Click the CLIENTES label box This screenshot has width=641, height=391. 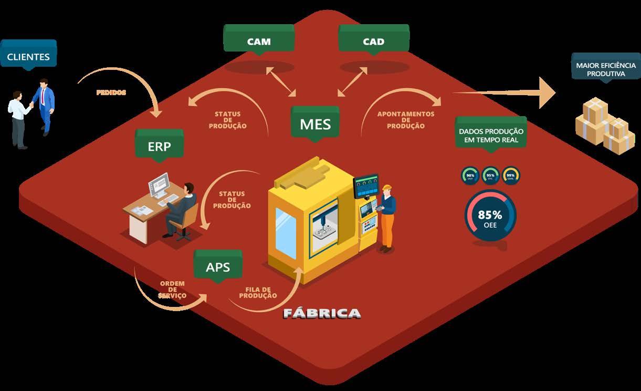coord(28,56)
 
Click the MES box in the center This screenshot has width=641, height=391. coord(315,124)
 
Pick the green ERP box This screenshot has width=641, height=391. coord(159,146)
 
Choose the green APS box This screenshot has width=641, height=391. coord(218,266)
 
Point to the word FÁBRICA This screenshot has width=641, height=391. coord(322,314)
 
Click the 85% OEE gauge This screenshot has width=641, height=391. coord(490,217)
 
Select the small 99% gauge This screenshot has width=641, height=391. coord(510,176)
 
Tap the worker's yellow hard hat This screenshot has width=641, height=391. coord(387,188)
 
